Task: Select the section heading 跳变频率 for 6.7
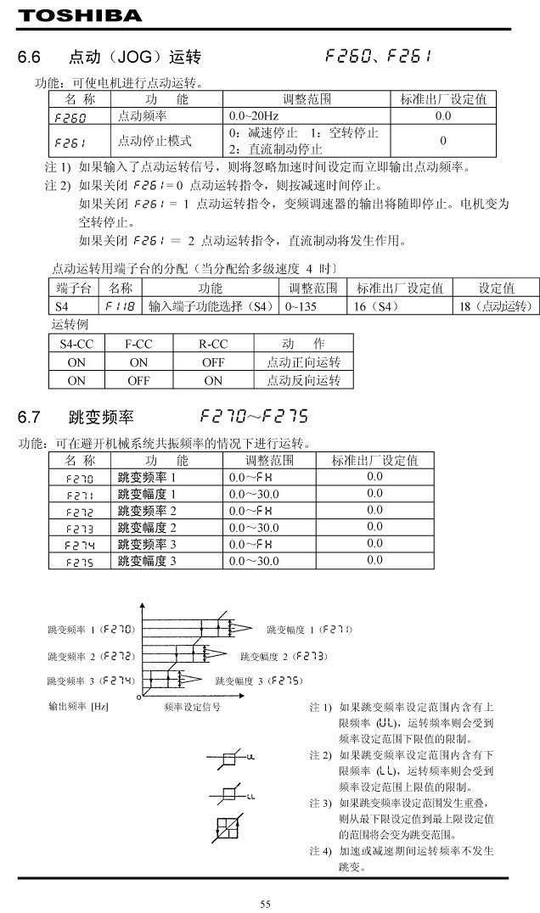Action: click(101, 417)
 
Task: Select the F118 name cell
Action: click(121, 305)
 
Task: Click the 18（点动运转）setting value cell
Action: click(495, 305)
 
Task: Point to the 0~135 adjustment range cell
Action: click(301, 305)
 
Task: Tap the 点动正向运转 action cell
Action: click(303, 362)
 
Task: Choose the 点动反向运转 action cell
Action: click(303, 381)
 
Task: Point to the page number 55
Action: click(266, 904)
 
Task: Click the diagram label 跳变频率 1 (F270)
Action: click(93, 630)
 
